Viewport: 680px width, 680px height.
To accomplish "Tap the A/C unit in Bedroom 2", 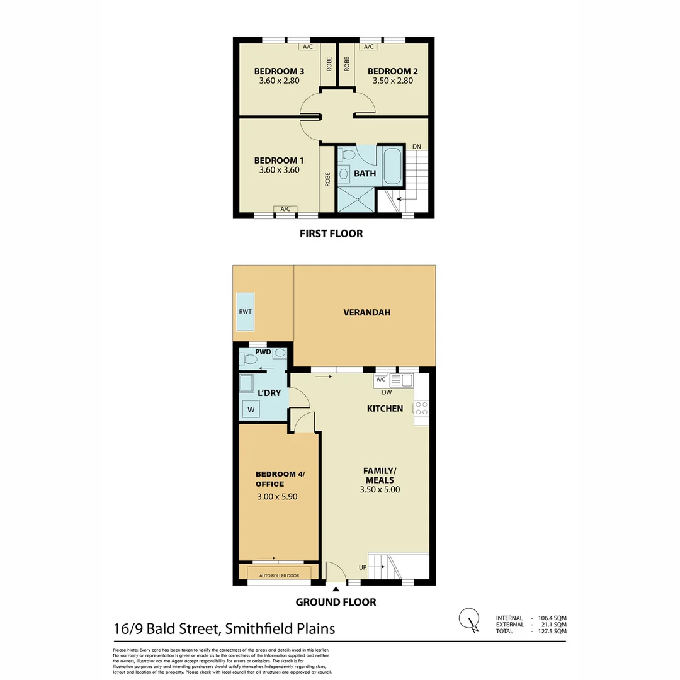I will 368,47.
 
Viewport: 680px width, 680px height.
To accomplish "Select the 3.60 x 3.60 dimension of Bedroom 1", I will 278,169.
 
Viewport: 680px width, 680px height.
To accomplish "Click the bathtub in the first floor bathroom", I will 392,166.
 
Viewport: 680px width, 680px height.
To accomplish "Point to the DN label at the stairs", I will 416,147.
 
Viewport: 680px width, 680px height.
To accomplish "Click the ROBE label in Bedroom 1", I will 328,180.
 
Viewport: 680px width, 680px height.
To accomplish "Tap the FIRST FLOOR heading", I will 331,234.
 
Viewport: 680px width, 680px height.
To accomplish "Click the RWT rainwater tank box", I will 245,312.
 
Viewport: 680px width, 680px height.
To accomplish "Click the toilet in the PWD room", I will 249,359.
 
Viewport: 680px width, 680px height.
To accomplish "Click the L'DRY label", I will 269,393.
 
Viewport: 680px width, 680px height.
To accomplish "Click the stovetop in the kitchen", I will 421,408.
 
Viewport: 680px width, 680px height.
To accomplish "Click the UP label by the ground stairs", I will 362,567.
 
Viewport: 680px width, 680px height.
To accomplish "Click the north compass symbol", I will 468,618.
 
